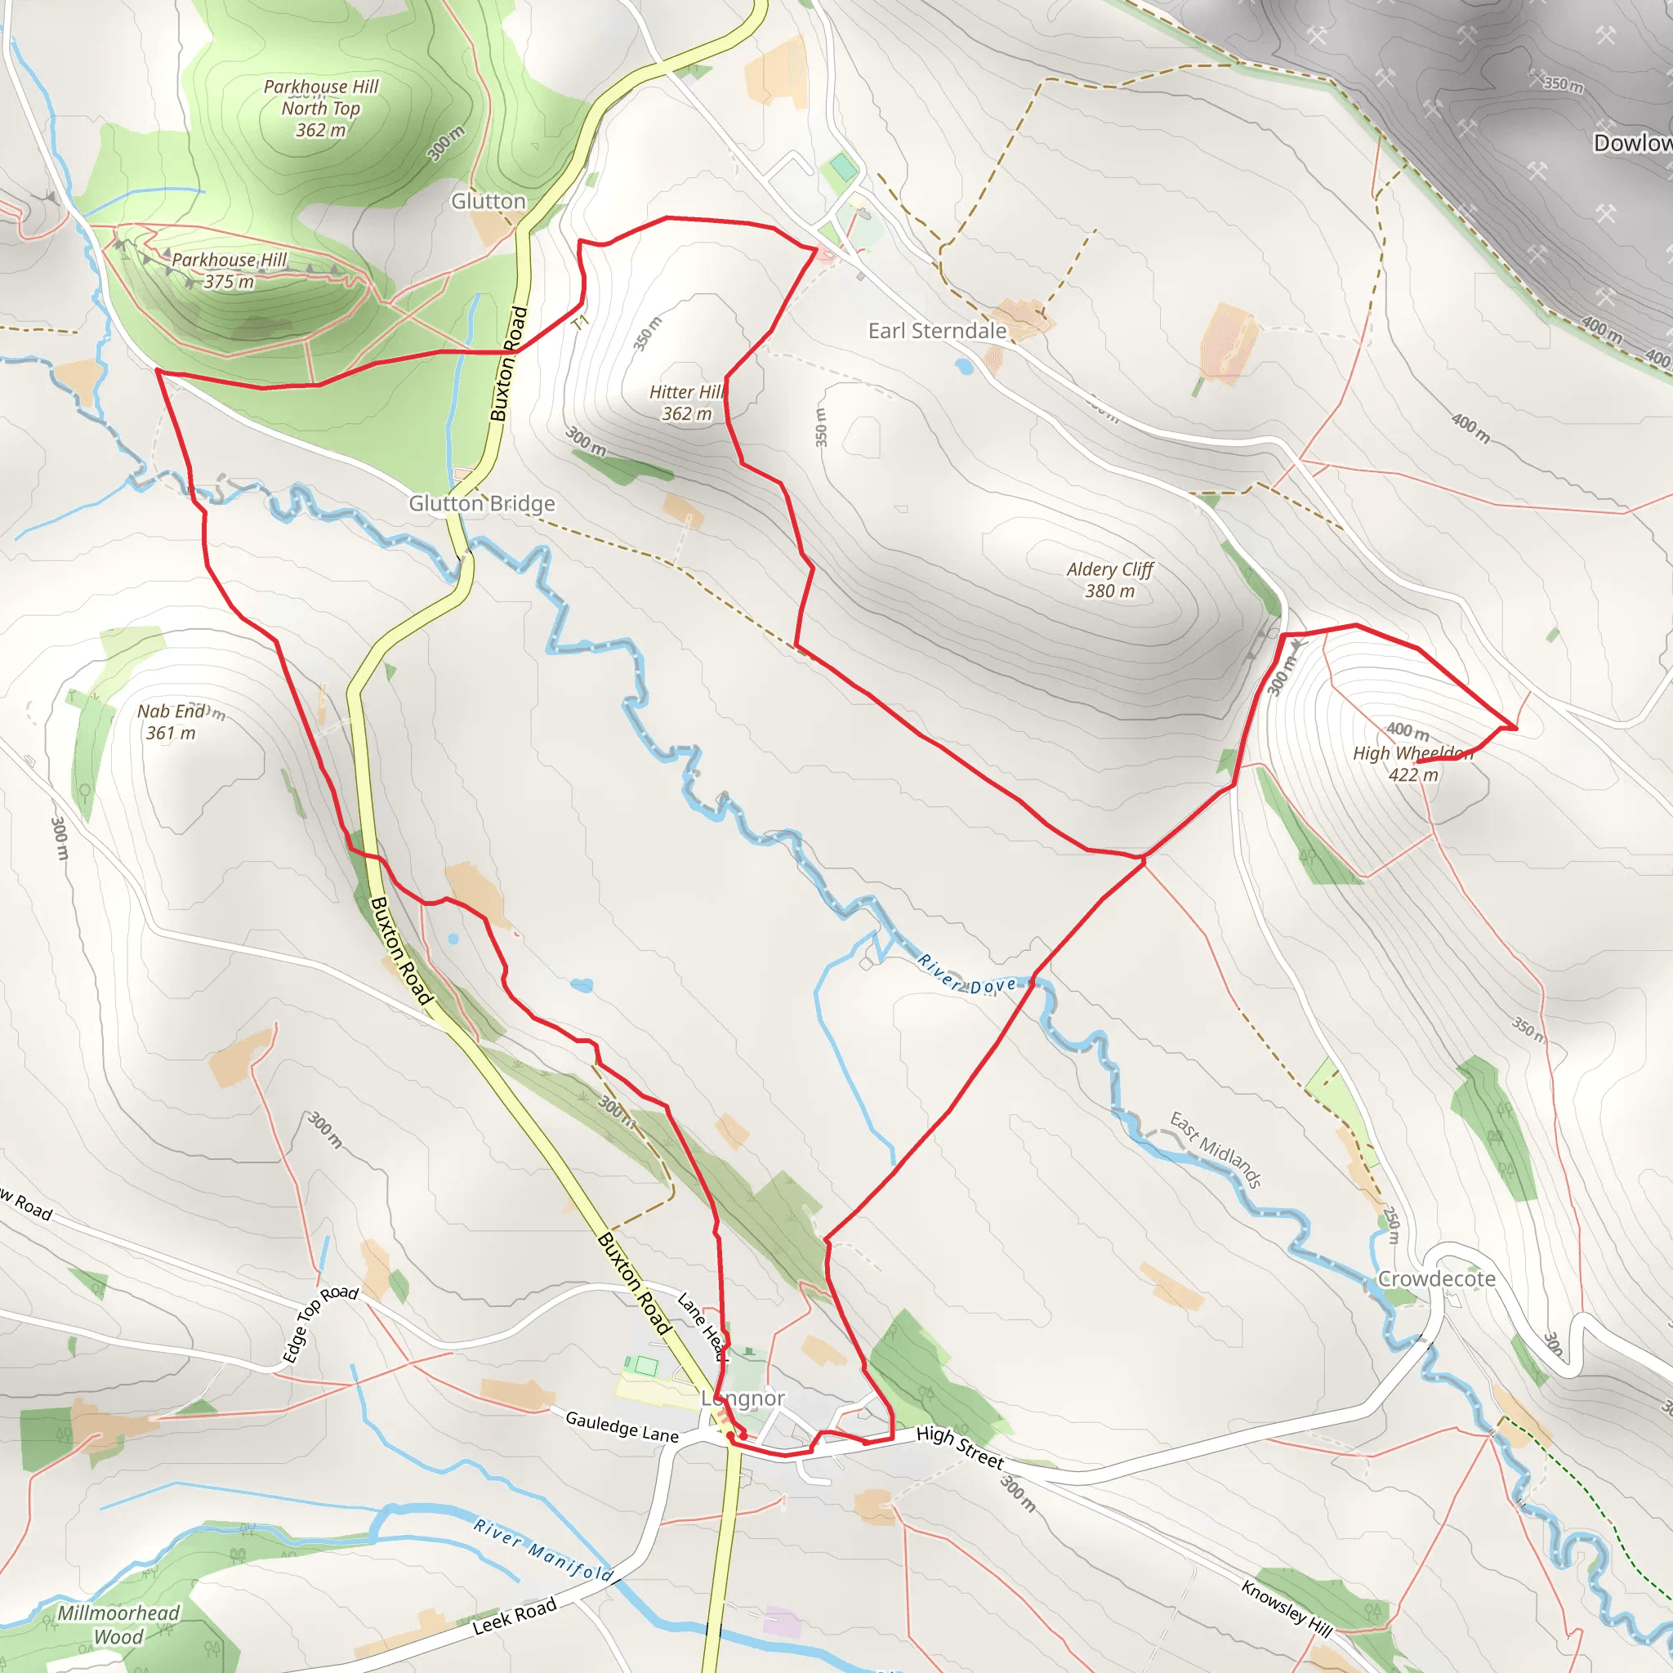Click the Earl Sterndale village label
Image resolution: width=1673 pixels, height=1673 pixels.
(x=937, y=331)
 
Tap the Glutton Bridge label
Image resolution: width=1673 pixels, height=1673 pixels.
(x=481, y=503)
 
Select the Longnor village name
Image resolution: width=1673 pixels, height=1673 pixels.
(x=743, y=1398)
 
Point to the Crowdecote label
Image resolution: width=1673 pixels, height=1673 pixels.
(x=1437, y=1278)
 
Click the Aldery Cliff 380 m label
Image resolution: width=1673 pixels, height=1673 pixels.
(x=1109, y=580)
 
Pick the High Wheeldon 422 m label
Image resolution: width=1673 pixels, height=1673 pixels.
(x=1412, y=764)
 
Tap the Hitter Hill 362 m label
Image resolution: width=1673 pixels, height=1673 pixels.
(x=687, y=403)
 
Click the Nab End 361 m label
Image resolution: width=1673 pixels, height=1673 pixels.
(x=172, y=721)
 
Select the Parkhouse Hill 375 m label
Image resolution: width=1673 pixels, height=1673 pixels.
(x=229, y=270)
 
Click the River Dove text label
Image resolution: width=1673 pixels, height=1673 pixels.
(x=967, y=975)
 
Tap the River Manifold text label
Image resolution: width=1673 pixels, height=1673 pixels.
(x=544, y=1550)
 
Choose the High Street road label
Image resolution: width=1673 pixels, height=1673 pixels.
(x=960, y=1447)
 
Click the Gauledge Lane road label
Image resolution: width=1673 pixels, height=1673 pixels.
(x=622, y=1426)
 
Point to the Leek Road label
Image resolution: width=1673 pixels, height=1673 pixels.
(x=515, y=1616)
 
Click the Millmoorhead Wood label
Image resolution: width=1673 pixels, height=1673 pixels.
(x=118, y=1625)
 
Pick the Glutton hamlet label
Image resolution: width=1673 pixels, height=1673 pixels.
(x=489, y=201)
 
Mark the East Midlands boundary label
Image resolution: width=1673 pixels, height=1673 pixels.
(x=1215, y=1149)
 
